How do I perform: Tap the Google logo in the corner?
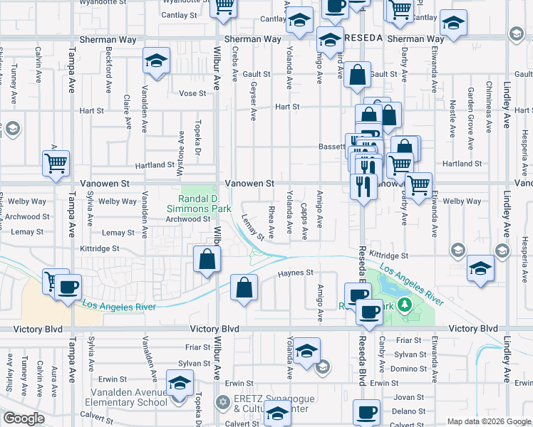point(24,418)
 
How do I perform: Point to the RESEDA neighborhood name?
point(364,37)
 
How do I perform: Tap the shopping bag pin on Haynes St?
point(244,288)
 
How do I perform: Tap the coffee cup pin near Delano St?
point(367,412)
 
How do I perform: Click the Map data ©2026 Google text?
point(488,421)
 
